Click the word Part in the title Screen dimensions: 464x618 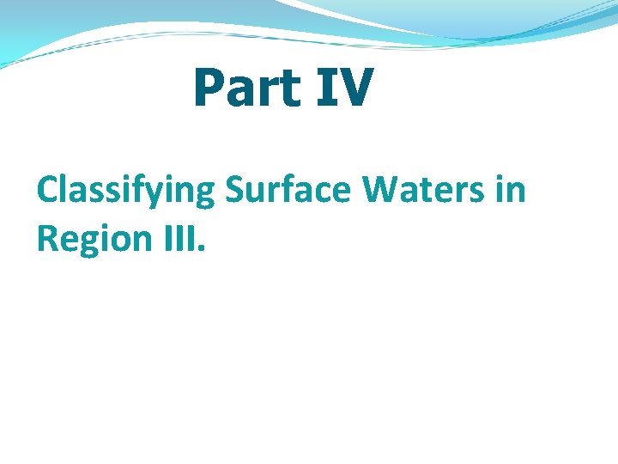(x=247, y=89)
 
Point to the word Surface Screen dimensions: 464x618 (x=288, y=189)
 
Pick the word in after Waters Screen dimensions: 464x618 (x=511, y=189)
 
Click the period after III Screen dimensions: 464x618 (x=202, y=249)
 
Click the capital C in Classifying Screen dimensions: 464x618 (x=48, y=190)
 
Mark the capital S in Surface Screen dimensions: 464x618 (x=235, y=190)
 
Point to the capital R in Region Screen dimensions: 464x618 (x=48, y=238)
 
